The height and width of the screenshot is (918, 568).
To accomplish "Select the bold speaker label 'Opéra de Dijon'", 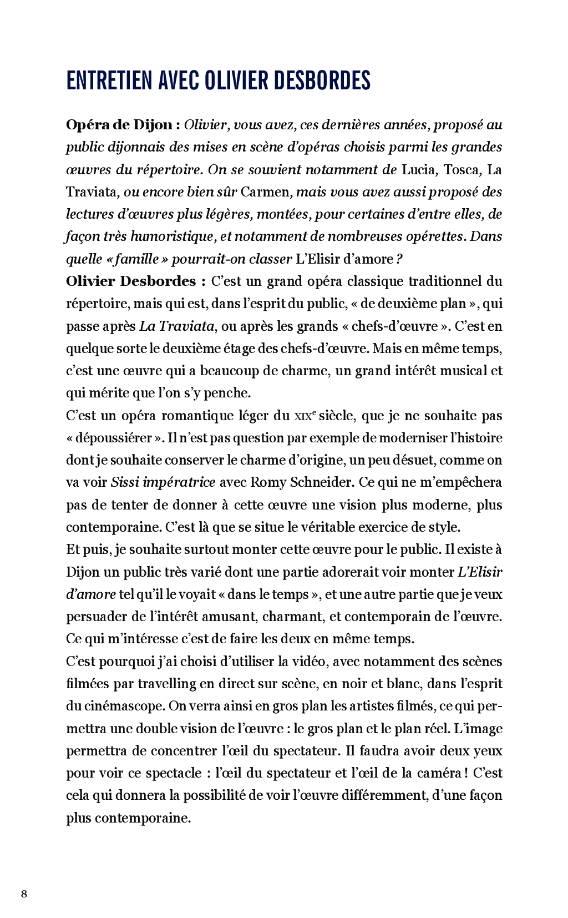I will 119,125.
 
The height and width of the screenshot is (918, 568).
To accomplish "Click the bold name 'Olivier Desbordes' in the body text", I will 131,281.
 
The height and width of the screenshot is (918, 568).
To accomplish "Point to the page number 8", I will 24,894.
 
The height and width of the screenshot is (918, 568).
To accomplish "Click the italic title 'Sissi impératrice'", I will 163,482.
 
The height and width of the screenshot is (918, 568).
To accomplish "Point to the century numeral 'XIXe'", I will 304,416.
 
